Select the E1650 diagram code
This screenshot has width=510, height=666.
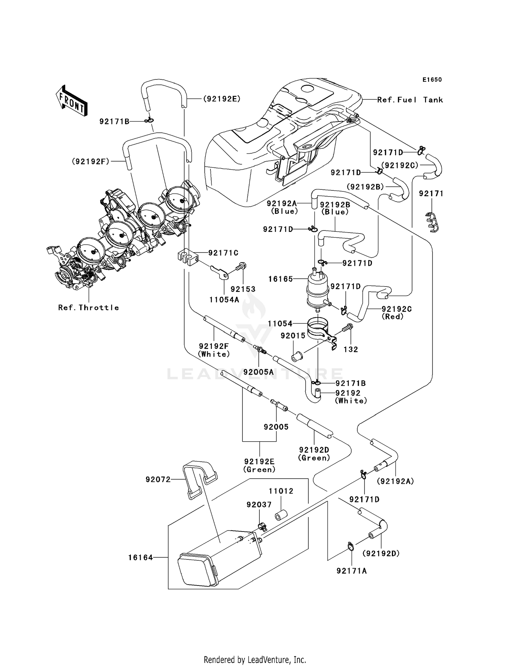pos(432,80)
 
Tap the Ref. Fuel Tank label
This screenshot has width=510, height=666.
pos(410,100)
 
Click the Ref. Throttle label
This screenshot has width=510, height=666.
pos(88,308)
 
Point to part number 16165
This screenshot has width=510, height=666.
pos(280,279)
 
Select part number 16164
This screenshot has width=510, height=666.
pos(140,557)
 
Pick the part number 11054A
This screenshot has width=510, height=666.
pos(224,300)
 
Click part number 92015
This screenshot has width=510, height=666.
pos(293,336)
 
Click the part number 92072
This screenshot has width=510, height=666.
pos(158,479)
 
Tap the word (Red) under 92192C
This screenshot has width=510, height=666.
pos(392,316)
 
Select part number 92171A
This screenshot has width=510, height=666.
pos(352,571)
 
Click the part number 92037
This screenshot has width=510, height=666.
pos(259,505)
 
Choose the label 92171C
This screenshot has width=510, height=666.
pos(223,253)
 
